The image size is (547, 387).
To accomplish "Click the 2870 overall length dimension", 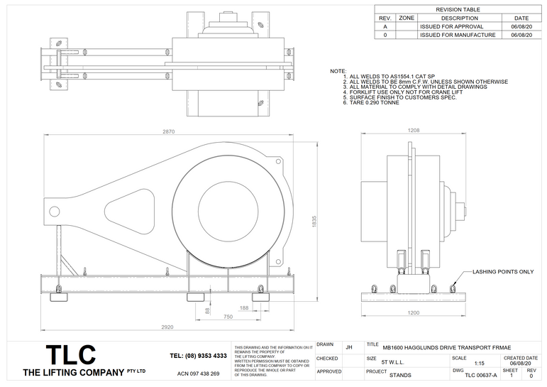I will click(x=167, y=132).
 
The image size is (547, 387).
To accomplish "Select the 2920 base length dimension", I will click(x=167, y=327).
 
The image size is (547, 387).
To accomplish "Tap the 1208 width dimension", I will click(x=414, y=131).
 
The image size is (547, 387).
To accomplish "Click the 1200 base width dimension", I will click(x=414, y=312).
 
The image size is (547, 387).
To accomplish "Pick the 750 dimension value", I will click(x=228, y=317).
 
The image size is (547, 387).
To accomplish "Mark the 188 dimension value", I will click(x=244, y=308).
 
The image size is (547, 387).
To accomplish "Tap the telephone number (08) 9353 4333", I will click(x=199, y=355).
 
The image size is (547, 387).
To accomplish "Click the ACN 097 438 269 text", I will click(x=198, y=374).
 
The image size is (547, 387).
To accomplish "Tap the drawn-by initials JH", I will click(x=348, y=347).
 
